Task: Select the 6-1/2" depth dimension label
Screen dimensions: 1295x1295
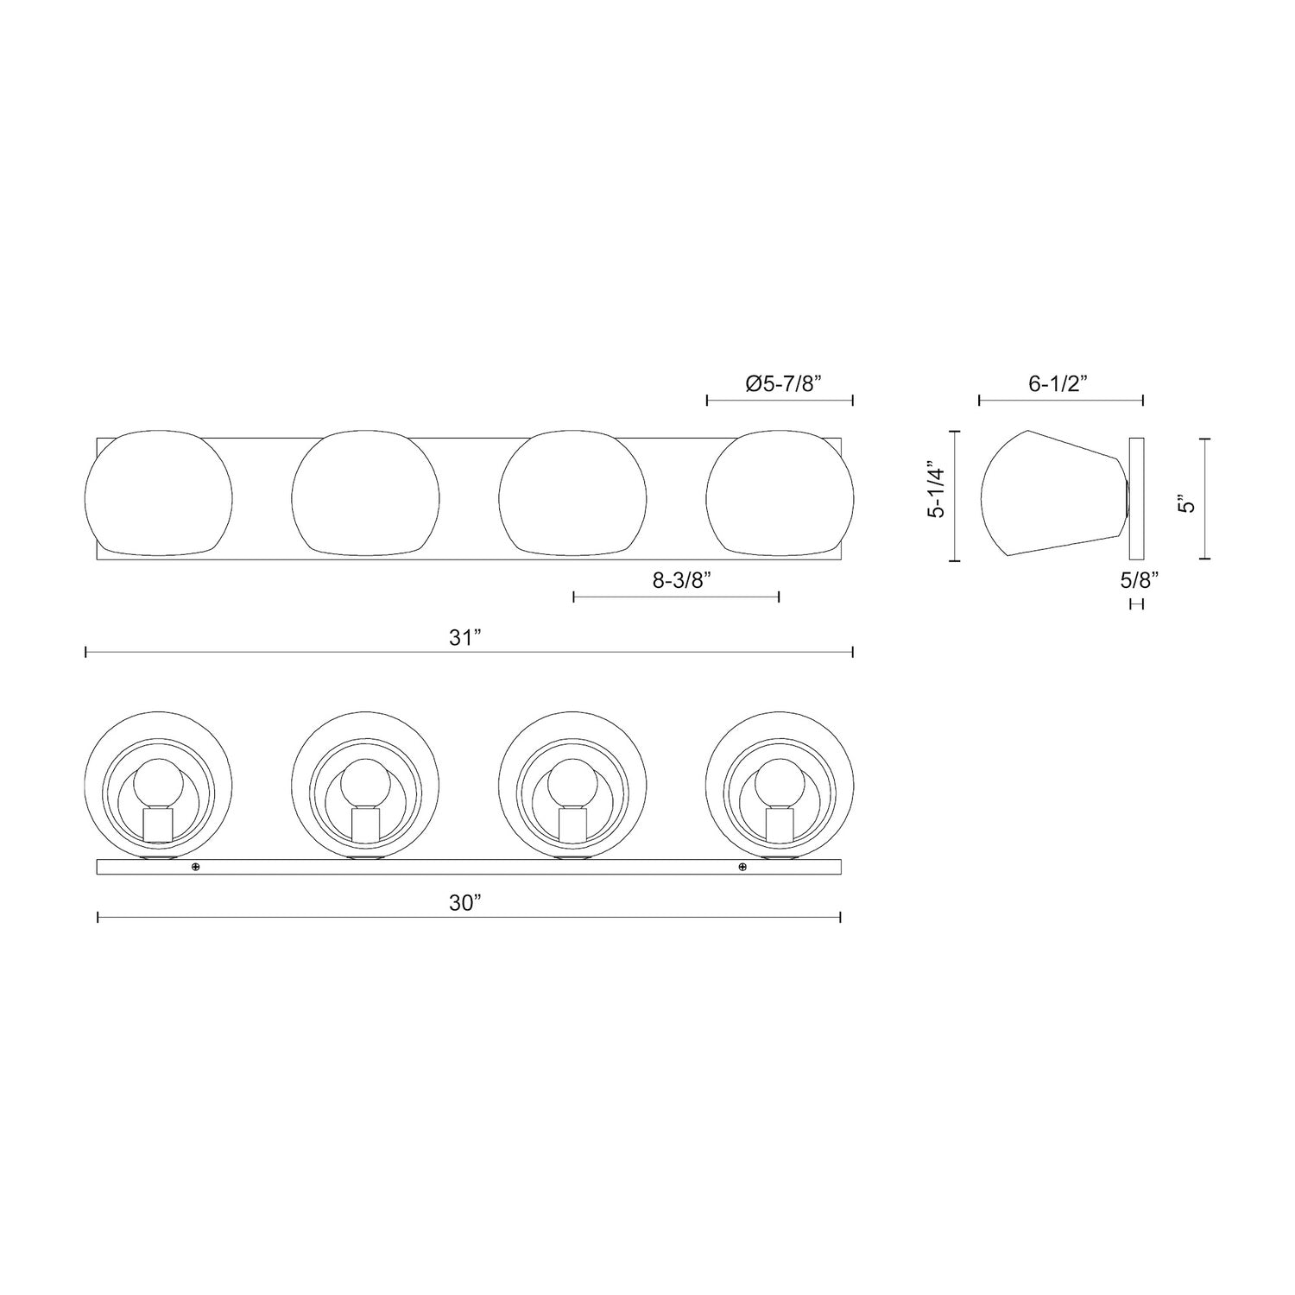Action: [1060, 384]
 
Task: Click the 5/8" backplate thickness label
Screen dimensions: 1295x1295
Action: [1139, 580]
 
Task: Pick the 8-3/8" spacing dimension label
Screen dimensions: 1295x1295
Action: [680, 581]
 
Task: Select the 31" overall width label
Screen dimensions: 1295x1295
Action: [464, 638]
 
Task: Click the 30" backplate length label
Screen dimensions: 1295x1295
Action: [464, 903]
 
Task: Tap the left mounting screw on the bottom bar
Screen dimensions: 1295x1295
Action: [196, 867]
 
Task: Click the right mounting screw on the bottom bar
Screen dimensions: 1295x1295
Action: [742, 867]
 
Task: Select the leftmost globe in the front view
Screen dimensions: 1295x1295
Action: [159, 491]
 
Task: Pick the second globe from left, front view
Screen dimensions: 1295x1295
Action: [366, 491]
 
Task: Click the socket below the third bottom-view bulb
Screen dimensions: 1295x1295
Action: [572, 825]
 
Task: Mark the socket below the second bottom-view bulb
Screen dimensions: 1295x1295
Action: [366, 825]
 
